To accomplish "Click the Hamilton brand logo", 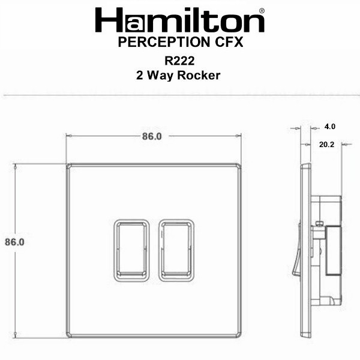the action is click(180, 20).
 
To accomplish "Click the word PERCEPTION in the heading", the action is click(164, 42).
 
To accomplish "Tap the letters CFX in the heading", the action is click(229, 42).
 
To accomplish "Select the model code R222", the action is click(179, 61).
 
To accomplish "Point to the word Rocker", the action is click(199, 76).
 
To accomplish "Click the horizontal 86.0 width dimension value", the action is click(152, 136).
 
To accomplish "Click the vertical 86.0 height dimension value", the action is click(14, 242).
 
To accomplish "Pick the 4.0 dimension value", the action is click(329, 127).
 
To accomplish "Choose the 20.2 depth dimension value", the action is click(326, 145).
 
